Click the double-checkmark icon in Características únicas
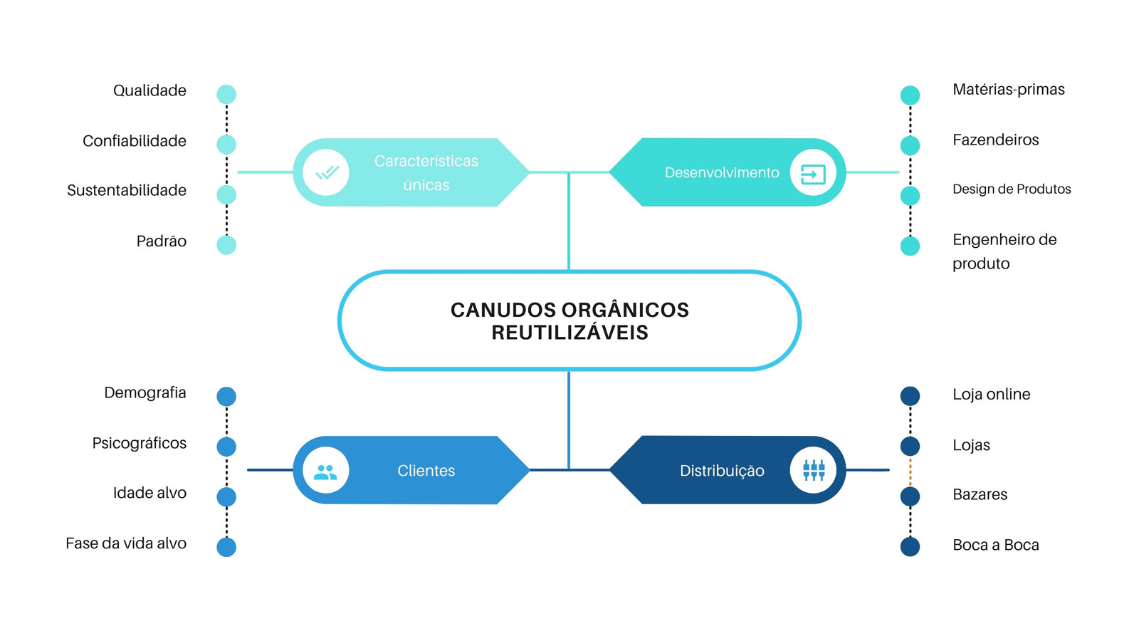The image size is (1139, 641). [x=327, y=172]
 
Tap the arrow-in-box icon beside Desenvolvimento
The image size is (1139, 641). [x=812, y=174]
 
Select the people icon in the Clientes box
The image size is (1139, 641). [x=325, y=473]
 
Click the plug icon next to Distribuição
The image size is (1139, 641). [x=814, y=470]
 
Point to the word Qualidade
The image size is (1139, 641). [x=149, y=90]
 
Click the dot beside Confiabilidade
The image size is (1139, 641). [x=226, y=145]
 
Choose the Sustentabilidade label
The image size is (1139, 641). [x=127, y=190]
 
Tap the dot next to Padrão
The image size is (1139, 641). [x=226, y=245]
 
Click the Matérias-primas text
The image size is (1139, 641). [x=1008, y=90]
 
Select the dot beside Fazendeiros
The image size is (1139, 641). [x=910, y=145]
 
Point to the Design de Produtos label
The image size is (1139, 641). [x=1012, y=189]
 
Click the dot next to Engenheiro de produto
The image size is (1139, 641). [x=910, y=246]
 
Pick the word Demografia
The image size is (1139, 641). [x=145, y=392]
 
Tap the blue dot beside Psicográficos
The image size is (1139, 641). [x=226, y=447]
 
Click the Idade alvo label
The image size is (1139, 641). [x=149, y=493]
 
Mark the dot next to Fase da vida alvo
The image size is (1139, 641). [x=226, y=547]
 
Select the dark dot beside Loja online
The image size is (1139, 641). [x=910, y=396]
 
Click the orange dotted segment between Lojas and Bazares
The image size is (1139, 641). [x=910, y=471]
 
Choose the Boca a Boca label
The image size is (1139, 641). [x=996, y=545]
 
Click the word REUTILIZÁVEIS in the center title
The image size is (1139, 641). [x=569, y=333]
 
